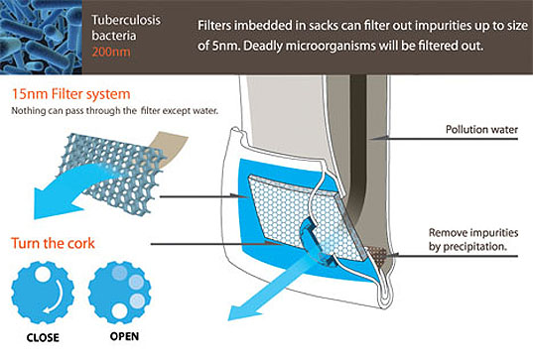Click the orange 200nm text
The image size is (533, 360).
(x=111, y=52)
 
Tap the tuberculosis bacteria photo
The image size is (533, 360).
(x=41, y=37)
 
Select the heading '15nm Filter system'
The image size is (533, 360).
(x=71, y=94)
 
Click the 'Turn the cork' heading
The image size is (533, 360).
(x=53, y=243)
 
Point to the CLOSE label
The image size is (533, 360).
(x=43, y=337)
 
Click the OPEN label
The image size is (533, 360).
(x=124, y=336)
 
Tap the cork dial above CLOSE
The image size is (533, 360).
(x=43, y=293)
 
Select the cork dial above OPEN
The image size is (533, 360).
(x=120, y=293)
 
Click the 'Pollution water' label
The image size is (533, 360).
(x=481, y=129)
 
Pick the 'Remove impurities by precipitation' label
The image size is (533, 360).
(x=473, y=239)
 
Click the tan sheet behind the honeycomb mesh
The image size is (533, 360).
(x=170, y=148)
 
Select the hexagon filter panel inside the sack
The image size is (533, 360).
(x=306, y=217)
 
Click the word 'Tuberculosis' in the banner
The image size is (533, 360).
(x=126, y=20)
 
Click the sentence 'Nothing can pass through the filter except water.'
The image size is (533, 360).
(x=114, y=111)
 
